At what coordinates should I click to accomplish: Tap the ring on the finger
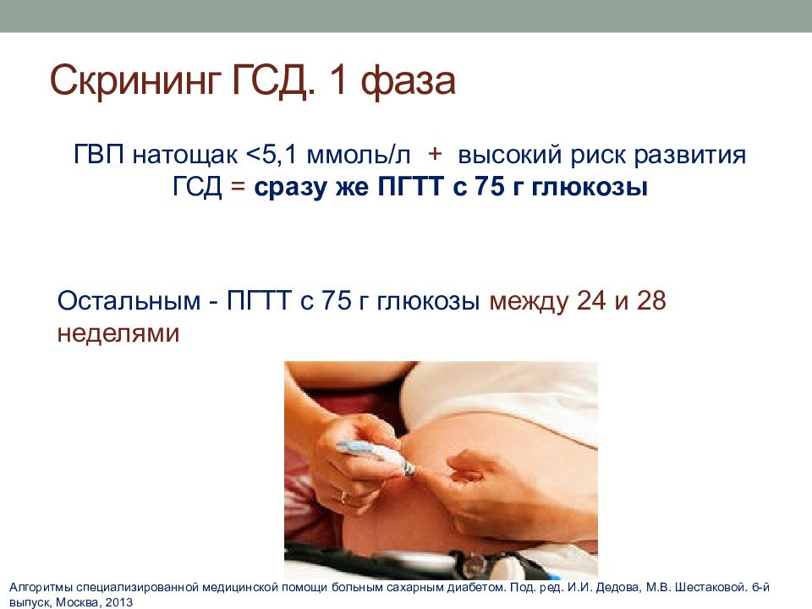(343, 497)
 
